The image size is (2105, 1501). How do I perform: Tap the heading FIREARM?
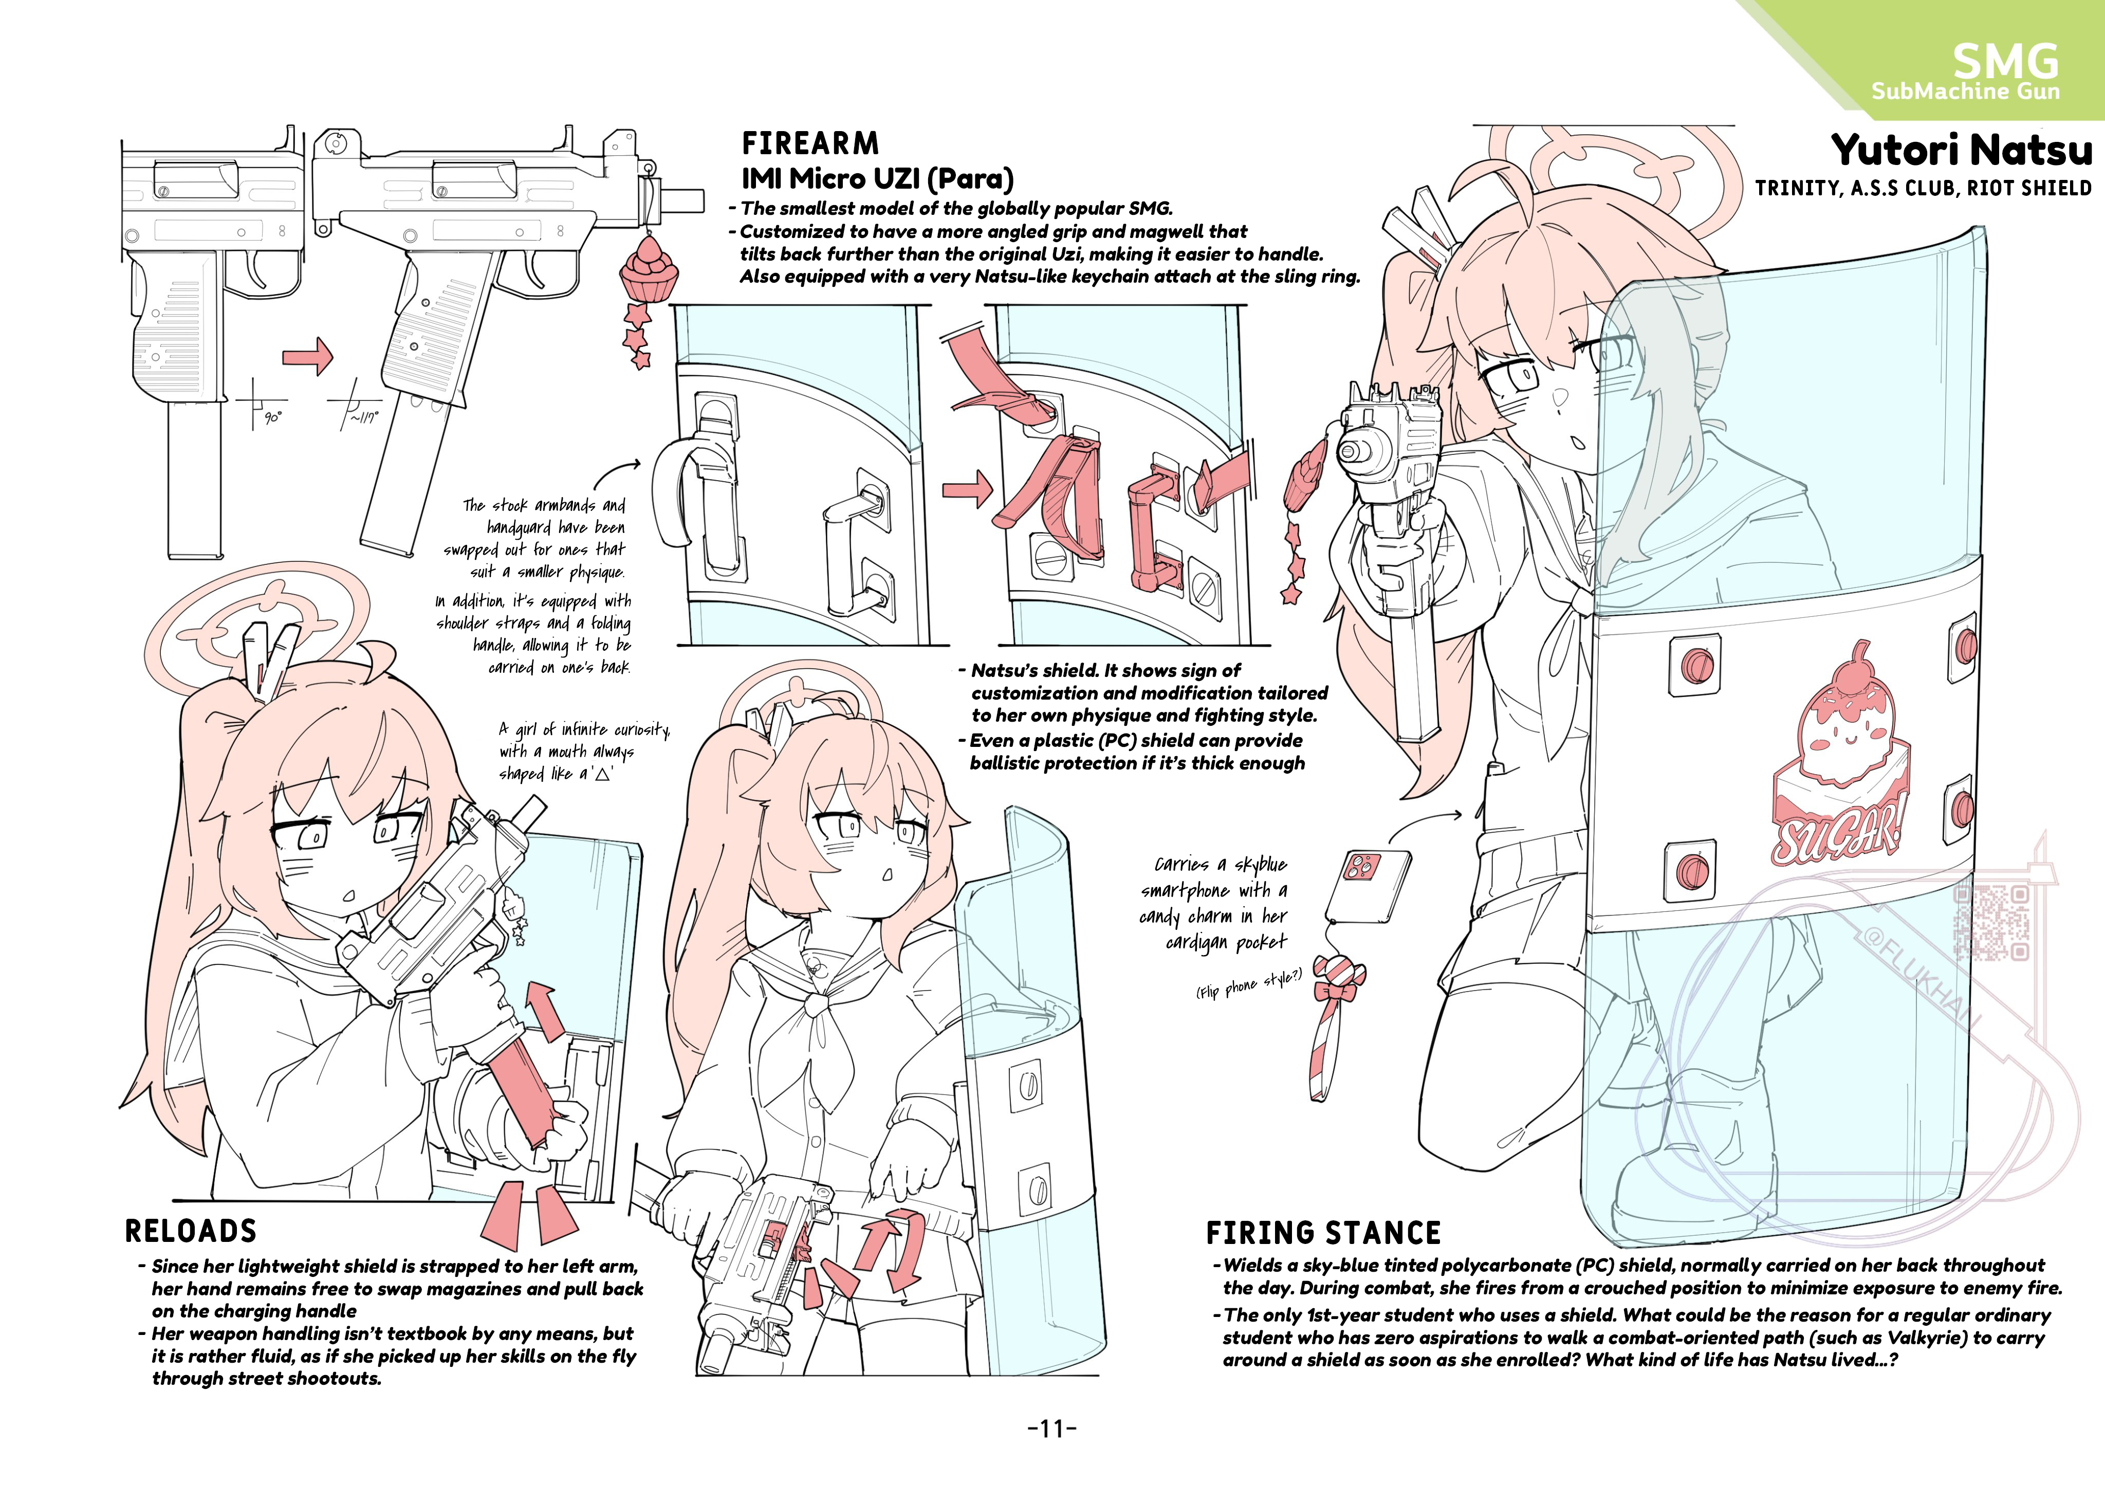pyautogui.click(x=810, y=144)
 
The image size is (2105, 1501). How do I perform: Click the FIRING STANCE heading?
pyautogui.click(x=1323, y=1233)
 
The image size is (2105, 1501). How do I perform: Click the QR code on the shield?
pyautogui.click(x=1992, y=922)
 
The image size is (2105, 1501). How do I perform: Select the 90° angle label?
pyautogui.click(x=273, y=418)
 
